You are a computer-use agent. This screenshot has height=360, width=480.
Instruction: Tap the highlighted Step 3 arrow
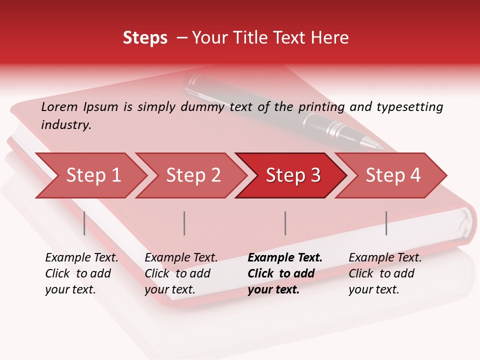293,175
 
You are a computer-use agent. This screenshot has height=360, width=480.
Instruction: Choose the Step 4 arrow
393,175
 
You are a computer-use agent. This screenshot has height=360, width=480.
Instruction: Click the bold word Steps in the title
145,38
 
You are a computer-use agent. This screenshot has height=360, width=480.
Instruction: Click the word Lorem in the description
59,106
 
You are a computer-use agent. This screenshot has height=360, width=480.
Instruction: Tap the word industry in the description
66,124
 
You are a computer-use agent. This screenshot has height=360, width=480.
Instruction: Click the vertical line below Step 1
84,223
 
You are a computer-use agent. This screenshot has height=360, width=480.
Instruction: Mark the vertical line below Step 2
184,223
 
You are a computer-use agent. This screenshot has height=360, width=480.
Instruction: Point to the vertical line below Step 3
285,223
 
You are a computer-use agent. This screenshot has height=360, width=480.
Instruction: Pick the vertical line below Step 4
386,223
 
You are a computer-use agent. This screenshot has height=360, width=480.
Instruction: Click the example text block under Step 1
81,273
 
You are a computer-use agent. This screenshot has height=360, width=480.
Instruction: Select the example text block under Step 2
181,273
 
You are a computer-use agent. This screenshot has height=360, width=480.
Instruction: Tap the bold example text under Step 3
285,273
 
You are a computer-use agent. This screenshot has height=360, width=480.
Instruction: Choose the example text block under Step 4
385,273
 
